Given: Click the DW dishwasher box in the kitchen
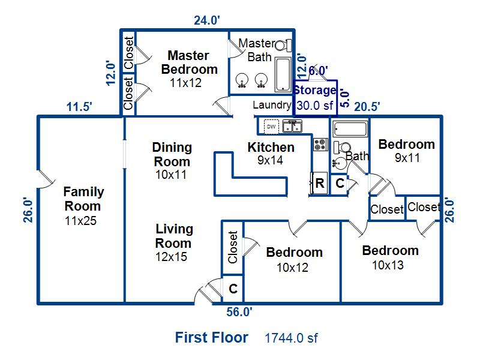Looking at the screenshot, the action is coord(272,127).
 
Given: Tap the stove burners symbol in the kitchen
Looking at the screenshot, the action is coord(320,145).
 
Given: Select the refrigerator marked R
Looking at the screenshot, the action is coord(319,184).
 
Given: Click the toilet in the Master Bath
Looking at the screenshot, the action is coord(283,46).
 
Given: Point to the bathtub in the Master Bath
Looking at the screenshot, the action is coord(283,74).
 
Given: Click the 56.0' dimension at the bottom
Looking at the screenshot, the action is coord(239,312).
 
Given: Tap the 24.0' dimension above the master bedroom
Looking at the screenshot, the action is coord(207,20).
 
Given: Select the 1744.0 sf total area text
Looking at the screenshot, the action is coord(291,338).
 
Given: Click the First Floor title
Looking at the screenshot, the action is coord(212,338).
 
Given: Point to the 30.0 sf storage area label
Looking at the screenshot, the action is coord(314,106).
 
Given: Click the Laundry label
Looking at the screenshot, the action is coord(272,106).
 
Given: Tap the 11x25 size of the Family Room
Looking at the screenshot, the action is coord(80,221).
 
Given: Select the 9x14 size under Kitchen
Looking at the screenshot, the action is coord(270,160).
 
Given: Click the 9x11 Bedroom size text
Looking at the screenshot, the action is coord(407,158).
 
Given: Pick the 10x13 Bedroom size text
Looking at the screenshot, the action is coord(388,265).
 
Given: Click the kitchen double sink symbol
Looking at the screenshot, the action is coord(292,126).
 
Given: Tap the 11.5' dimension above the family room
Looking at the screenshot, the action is coord(79,107).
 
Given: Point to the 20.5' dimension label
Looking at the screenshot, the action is coord(367,107).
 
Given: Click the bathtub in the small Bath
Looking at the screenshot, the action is coord(350,129).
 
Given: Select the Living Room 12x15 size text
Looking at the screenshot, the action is coord(171,257).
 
